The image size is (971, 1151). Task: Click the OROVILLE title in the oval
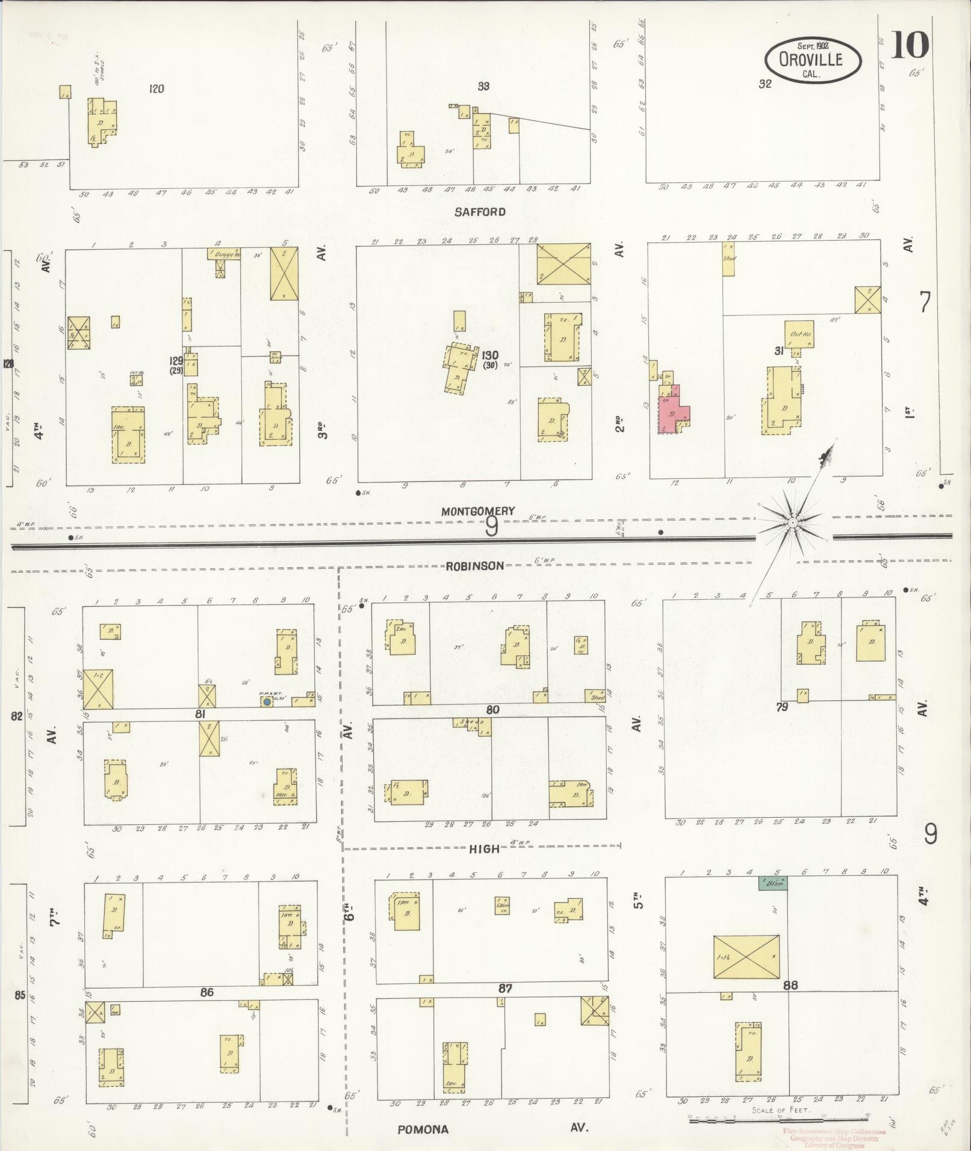(812, 60)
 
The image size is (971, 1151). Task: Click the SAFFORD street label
(480, 212)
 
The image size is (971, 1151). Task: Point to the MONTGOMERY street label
(478, 511)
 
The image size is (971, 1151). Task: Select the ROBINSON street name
(474, 566)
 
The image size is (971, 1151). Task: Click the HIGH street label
(484, 848)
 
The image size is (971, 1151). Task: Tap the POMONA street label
(423, 1129)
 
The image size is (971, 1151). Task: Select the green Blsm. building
(773, 883)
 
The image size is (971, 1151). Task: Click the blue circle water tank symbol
(267, 702)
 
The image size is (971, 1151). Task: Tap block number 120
(157, 89)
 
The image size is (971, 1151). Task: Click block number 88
(790, 986)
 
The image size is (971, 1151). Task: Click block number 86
(206, 992)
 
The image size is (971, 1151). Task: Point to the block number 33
(483, 86)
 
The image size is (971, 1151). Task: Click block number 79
(781, 707)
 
